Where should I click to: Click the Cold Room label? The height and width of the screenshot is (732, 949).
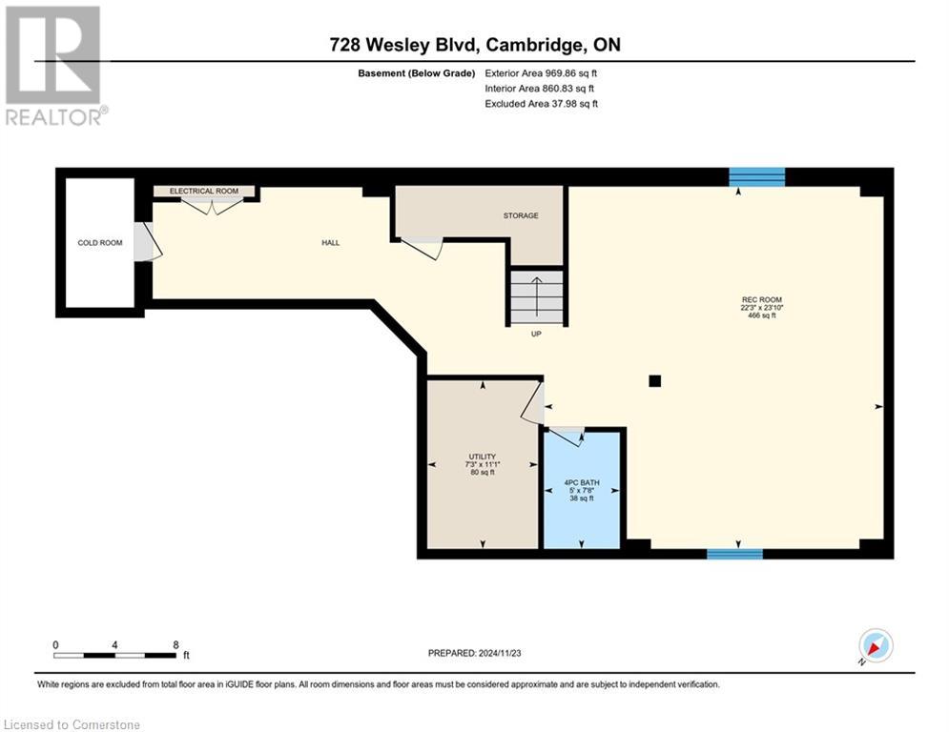point(100,243)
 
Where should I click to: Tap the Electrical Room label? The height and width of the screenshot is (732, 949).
point(204,192)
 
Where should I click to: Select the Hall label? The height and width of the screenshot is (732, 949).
point(330,243)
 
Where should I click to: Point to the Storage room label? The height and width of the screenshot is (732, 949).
point(521,215)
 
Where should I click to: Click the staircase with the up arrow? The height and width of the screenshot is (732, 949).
point(536,297)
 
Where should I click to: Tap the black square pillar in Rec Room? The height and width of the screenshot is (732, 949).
point(655,381)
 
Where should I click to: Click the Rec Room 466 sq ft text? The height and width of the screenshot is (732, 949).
point(762,315)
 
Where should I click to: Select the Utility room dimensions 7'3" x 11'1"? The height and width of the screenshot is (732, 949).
point(483,464)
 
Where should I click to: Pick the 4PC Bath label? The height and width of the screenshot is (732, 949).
point(582,482)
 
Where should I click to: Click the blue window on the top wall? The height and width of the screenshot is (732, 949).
point(756,177)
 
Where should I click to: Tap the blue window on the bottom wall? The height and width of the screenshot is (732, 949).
point(734,554)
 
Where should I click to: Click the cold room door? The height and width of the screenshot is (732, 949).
point(147,242)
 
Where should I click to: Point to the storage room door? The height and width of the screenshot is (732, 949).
point(422,248)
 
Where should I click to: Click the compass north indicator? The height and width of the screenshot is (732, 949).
point(876,646)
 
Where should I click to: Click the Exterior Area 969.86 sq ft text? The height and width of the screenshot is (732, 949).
point(541,73)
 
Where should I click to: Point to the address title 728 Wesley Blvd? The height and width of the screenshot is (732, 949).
point(405,45)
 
